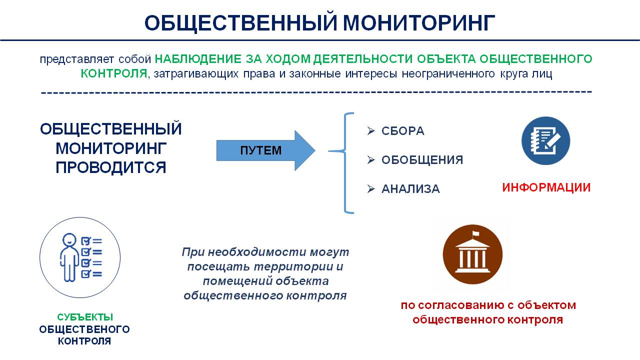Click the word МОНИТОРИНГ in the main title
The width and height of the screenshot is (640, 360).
(419, 22)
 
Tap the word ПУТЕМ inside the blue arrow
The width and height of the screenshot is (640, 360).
(261, 150)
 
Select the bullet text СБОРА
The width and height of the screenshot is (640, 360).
(403, 131)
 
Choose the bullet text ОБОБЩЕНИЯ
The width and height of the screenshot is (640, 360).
(422, 159)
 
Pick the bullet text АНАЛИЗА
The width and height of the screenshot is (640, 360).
(410, 189)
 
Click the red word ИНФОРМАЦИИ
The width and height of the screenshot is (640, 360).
(546, 187)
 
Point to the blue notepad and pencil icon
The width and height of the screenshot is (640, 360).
(545, 140)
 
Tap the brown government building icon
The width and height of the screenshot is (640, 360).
(472, 254)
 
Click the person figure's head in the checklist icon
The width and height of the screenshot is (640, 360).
(69, 239)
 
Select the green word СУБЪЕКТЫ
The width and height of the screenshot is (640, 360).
(85, 317)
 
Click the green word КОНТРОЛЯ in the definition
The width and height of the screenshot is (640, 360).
(114, 73)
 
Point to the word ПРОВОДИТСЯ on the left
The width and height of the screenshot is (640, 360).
(111, 167)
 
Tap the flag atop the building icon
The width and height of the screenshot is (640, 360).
(475, 233)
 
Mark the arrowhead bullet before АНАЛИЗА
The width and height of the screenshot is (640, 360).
(371, 189)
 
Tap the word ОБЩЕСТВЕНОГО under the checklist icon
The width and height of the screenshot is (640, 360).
(84, 329)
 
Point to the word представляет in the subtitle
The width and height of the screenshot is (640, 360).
(77, 59)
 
